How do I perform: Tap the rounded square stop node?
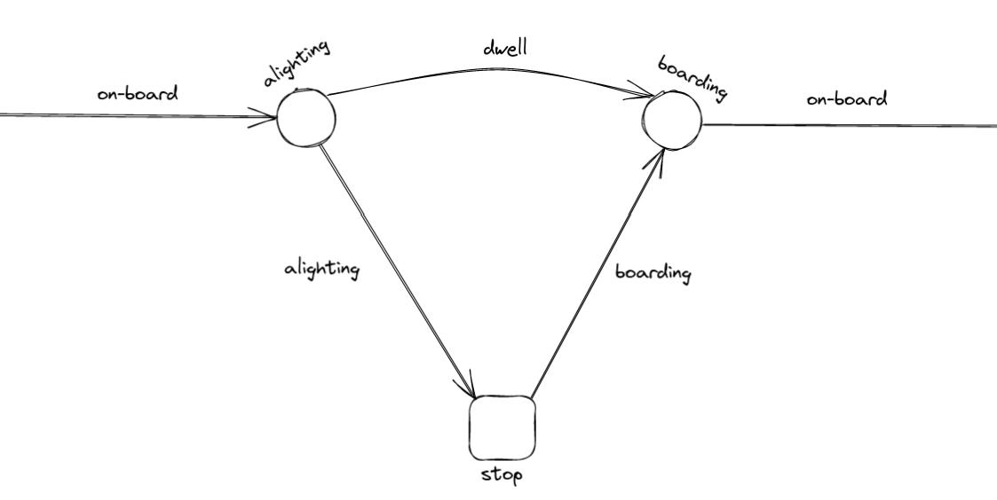[x=502, y=427]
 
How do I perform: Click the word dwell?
[x=504, y=49]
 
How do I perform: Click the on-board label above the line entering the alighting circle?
[x=137, y=92]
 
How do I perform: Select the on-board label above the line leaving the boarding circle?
[x=846, y=98]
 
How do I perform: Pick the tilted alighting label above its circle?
[x=297, y=62]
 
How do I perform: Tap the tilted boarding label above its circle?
[x=692, y=79]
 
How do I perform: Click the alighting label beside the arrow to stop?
[x=321, y=268]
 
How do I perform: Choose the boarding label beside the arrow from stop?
[x=653, y=272]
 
